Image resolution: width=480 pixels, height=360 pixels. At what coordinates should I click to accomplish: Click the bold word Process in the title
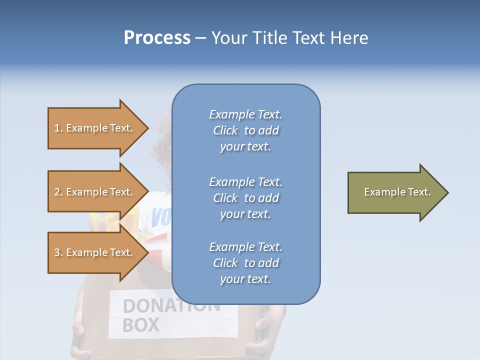pos(157,38)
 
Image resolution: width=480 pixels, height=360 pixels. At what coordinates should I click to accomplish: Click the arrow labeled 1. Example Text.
pos(95,128)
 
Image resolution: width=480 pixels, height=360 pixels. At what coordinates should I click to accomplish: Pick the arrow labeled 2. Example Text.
pos(95,192)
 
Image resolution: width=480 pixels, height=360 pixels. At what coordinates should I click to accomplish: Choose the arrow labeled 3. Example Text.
pos(95,252)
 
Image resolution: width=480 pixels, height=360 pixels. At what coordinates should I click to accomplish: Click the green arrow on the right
pos(395,192)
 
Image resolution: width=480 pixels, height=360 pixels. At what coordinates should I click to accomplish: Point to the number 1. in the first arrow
pos(58,128)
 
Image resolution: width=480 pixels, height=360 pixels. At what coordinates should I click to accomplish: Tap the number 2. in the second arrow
pos(58,192)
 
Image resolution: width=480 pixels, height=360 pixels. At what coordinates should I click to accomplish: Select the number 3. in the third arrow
pos(58,252)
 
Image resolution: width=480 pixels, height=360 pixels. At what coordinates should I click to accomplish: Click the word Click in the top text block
pos(225,130)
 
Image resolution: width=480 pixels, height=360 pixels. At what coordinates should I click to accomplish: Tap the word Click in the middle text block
pos(225,198)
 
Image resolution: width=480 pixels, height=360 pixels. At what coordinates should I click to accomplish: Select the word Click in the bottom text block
pos(225,263)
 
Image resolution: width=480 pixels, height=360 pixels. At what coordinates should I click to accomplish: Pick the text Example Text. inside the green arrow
pos(397,192)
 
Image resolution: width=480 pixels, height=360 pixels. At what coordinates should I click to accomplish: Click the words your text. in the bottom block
pos(245,279)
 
